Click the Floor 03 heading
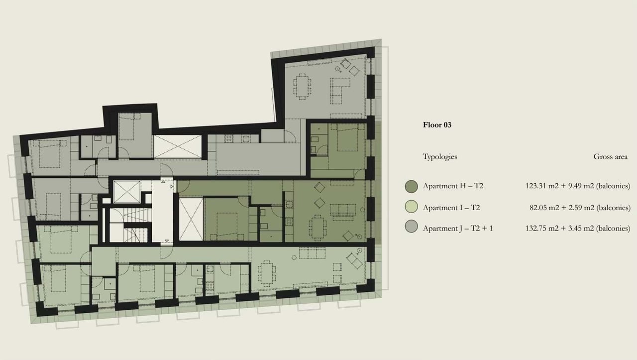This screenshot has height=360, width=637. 437,125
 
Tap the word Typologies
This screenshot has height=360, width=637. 439,156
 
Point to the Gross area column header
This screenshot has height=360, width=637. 610,156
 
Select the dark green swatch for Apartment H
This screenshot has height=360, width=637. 411,186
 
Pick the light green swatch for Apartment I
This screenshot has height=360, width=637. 411,208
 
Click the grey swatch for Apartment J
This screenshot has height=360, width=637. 411,229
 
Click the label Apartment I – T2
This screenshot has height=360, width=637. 451,208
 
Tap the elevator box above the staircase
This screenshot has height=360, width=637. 125,192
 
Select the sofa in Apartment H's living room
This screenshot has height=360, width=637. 343,211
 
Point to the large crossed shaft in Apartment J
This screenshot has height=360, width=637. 177,146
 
